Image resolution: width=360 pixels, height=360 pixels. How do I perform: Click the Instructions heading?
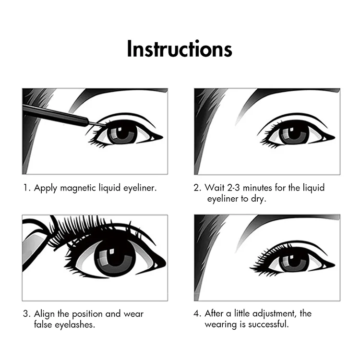click(x=180, y=48)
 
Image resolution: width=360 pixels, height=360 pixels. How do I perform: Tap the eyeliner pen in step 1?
click(x=62, y=116)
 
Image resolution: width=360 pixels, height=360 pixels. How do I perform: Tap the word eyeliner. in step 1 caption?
click(x=140, y=188)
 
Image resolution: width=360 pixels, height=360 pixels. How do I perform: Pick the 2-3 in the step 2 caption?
click(x=233, y=188)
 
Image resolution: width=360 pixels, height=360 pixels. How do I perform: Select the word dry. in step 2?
click(x=259, y=199)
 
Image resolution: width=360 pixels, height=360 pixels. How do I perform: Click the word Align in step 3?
click(x=45, y=314)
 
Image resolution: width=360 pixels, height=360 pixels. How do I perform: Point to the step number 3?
click(x=26, y=314)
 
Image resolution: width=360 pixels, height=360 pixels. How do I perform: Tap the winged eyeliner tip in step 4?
click(x=335, y=265)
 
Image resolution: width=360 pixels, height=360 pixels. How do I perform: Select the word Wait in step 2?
click(x=214, y=188)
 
